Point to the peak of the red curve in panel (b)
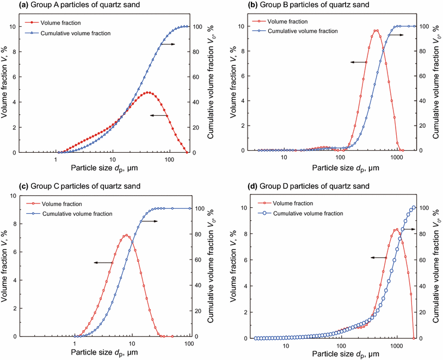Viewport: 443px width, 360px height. tap(376, 30)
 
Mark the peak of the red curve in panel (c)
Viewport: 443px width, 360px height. tap(126, 235)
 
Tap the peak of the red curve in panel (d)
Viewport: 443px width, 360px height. tap(395, 229)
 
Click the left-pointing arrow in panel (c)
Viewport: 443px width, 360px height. tap(101, 262)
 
